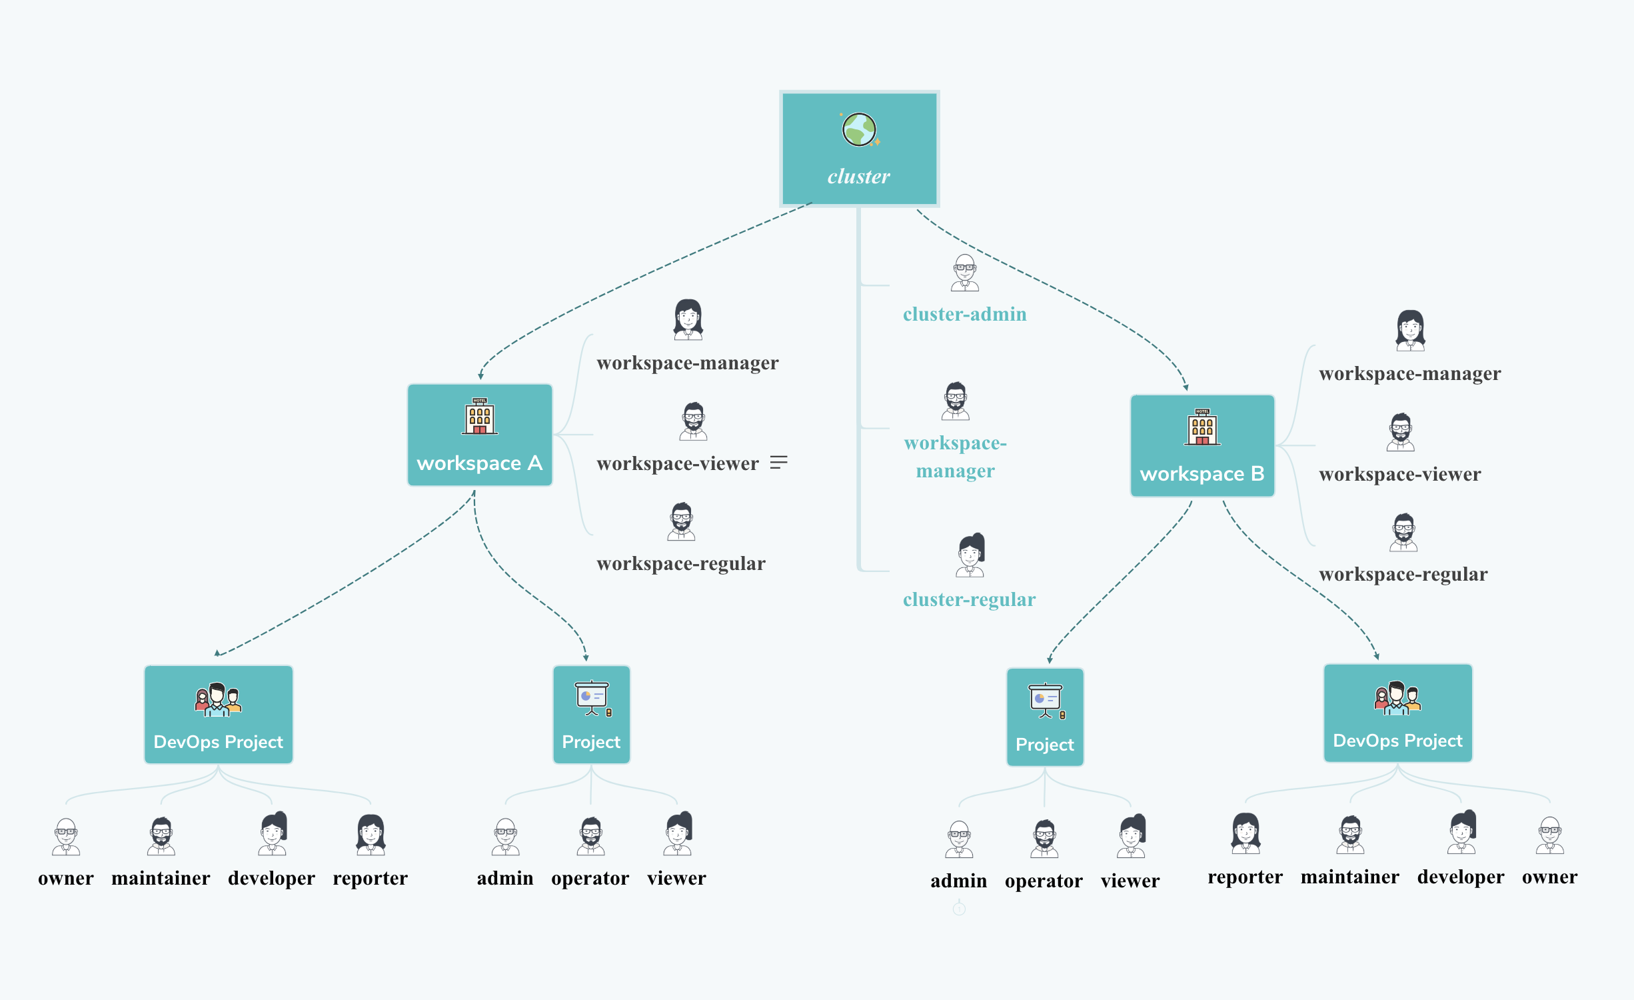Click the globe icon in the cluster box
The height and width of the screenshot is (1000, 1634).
tap(859, 129)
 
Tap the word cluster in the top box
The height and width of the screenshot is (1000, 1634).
tap(858, 177)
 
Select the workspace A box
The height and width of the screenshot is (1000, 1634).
tap(480, 435)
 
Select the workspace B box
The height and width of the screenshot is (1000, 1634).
tap(1202, 445)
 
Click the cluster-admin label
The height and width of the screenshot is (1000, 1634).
tap(964, 314)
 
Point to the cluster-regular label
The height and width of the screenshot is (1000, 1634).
tap(969, 599)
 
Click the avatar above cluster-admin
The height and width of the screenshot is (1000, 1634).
tap(964, 273)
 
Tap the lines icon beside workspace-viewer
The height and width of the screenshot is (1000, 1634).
tap(778, 462)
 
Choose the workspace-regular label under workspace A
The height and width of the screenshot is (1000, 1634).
tap(680, 564)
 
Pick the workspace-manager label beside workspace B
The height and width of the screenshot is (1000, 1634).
tap(1409, 374)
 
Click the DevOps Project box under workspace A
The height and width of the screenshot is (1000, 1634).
tap(219, 714)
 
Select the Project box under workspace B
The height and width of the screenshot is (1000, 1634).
tap(1044, 717)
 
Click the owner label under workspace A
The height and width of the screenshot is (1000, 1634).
tap(66, 878)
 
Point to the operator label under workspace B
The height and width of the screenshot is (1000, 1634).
tap(1044, 881)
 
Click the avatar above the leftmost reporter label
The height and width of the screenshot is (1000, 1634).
tap(371, 834)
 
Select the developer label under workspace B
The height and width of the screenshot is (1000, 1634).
tap(1460, 877)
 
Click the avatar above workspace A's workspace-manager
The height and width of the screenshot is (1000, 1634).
tap(688, 319)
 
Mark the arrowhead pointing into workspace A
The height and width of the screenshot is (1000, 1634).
tap(480, 376)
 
